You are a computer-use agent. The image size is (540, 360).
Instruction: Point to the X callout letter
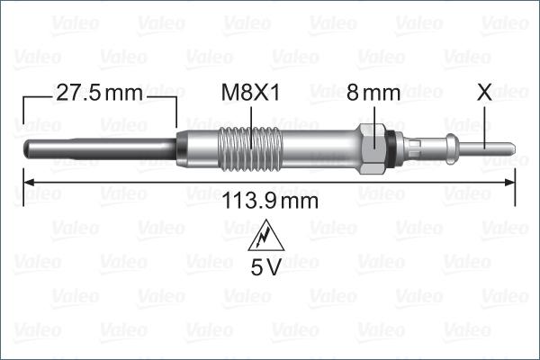tap(484, 93)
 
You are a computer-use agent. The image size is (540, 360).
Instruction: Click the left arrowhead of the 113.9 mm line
tap(27, 183)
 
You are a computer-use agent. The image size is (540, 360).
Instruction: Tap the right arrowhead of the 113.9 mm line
tap(509, 183)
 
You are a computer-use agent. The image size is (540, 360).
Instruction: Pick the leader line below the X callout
tap(484, 121)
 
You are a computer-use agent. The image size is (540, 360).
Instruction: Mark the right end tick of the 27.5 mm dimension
tap(176, 112)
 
